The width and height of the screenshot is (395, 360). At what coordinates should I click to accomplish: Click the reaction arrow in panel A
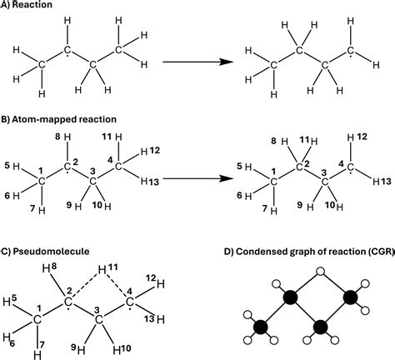pos(197,62)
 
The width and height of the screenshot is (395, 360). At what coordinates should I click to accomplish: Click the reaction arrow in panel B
pos(197,178)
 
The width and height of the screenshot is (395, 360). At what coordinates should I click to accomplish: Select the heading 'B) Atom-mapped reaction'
pos(58,119)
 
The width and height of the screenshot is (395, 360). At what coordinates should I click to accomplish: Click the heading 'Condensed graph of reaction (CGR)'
pos(313,252)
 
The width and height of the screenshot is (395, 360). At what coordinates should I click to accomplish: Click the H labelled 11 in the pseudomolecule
pos(102,270)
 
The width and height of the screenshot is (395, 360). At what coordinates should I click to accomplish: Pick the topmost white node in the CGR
pos(321,272)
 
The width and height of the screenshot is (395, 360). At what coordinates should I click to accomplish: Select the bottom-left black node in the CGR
pos(261,327)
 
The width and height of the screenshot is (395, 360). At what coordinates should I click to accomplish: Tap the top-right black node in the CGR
pos(350,297)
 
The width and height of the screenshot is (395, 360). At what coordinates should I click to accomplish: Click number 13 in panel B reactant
pos(153,182)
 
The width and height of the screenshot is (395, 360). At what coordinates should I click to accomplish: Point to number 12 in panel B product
pos(362,137)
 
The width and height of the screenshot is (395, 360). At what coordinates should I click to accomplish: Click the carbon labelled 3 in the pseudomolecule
pos(98,320)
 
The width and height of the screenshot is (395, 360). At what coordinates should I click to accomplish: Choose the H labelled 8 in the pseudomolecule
pos(47,269)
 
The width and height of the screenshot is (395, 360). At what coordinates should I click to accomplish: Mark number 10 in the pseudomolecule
pos(127,348)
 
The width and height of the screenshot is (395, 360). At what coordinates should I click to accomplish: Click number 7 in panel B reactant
pos(32,208)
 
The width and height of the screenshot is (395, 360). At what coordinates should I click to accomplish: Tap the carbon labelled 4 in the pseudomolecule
pos(129,302)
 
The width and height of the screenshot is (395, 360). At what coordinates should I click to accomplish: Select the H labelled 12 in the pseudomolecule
pos(161,284)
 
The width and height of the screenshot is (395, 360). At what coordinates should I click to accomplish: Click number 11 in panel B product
pos(305,139)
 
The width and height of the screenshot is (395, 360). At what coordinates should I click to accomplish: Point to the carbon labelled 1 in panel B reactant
pos(42,182)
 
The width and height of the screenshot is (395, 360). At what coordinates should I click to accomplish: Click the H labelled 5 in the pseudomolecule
pos(7,302)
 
